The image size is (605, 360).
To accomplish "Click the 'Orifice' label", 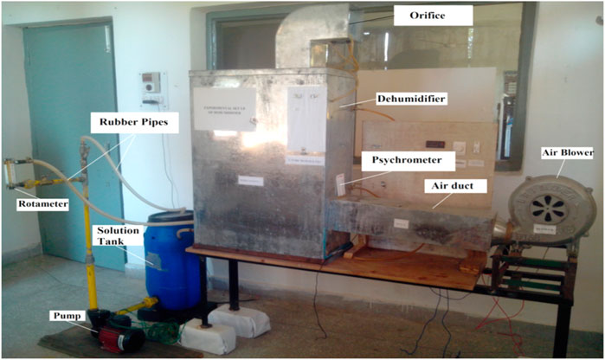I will pyautogui.click(x=433, y=16).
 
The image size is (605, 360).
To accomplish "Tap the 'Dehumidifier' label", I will pyautogui.click(x=411, y=100).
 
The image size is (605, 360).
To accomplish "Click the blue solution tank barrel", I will pyautogui.click(x=173, y=264).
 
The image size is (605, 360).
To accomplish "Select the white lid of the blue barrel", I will pyautogui.click(x=170, y=219).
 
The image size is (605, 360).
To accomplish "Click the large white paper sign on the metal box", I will pyautogui.click(x=224, y=108).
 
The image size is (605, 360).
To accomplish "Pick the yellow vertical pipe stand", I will pyautogui.click(x=89, y=251).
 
